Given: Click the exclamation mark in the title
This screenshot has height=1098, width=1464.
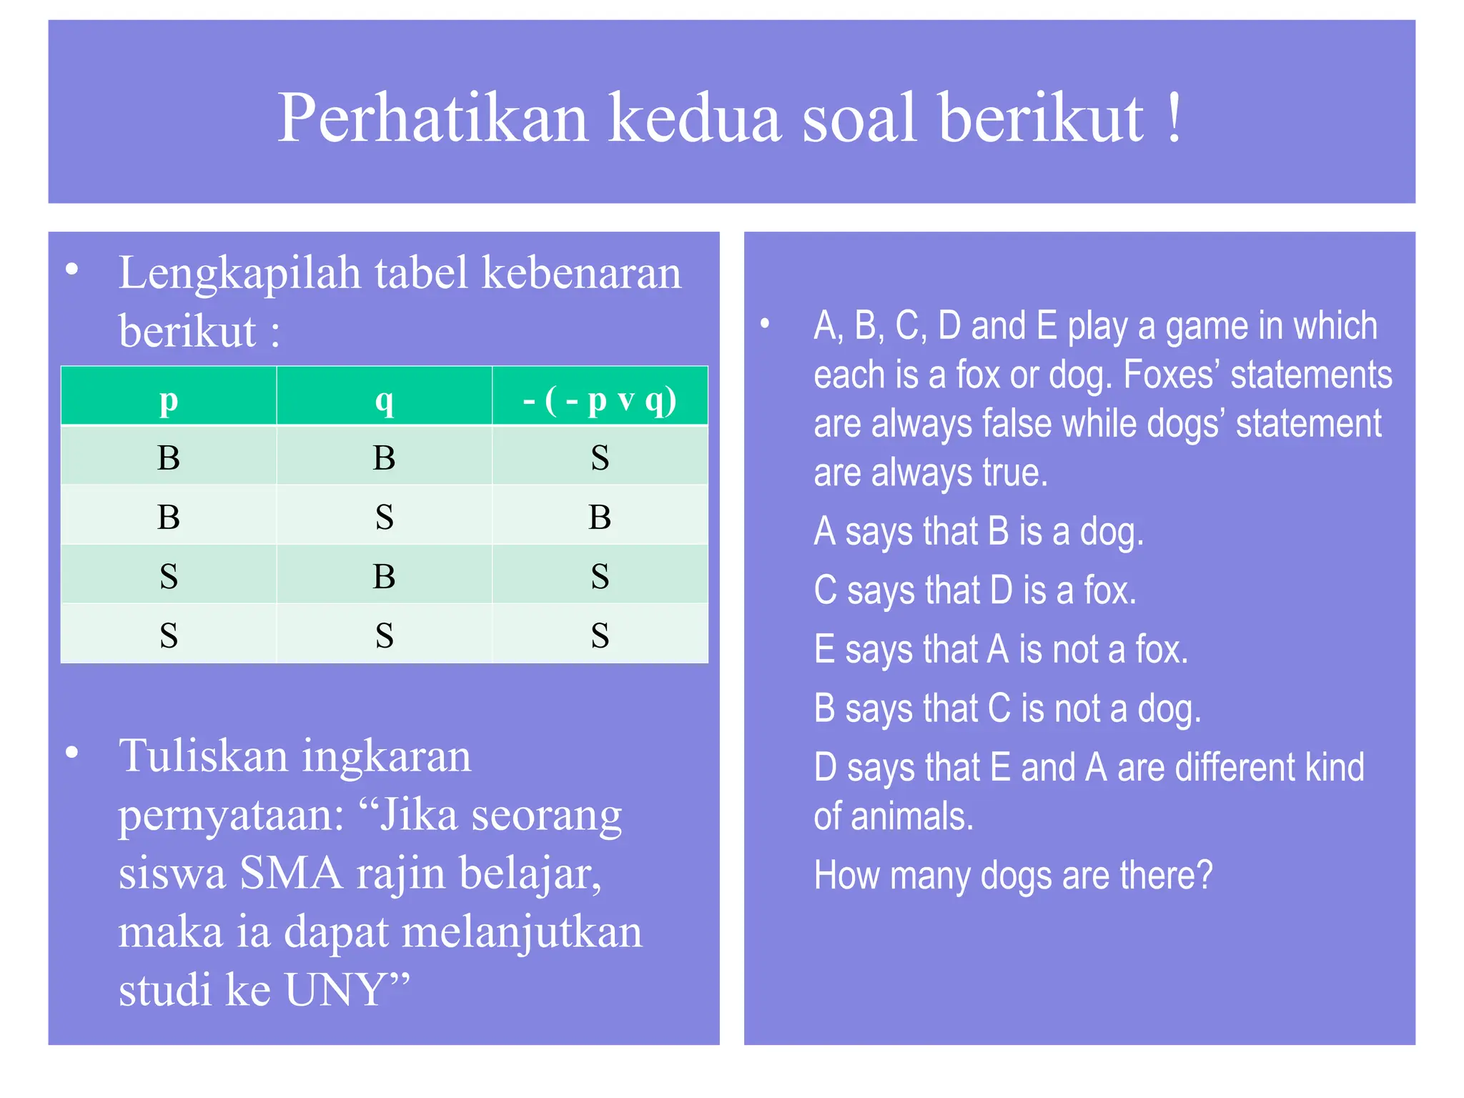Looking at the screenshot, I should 1173,118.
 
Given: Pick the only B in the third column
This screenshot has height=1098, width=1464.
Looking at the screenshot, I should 600,517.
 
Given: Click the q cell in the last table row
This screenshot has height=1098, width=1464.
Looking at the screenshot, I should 384,635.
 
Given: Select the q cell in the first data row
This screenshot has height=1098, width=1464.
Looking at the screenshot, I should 384,457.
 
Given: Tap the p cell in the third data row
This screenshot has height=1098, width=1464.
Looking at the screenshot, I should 169,576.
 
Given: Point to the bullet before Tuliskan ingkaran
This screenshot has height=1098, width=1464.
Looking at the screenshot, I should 71,753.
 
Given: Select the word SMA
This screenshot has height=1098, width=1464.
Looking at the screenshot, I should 291,874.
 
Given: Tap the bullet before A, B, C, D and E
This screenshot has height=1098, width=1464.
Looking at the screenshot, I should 764,324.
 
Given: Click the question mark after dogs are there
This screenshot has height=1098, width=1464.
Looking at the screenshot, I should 1205,874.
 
